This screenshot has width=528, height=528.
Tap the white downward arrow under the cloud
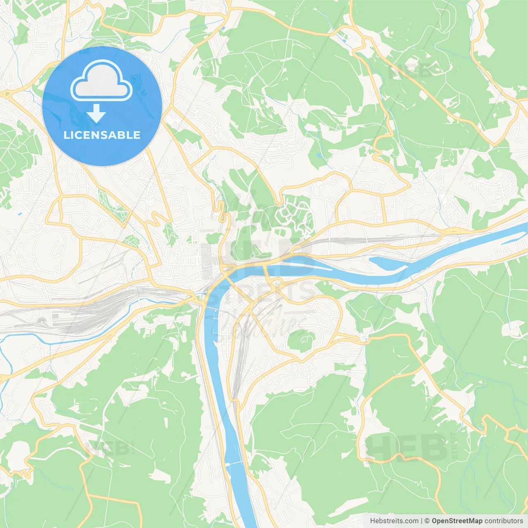click(96, 113)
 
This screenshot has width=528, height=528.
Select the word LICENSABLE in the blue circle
click(102, 135)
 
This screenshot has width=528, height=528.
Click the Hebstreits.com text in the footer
click(394, 521)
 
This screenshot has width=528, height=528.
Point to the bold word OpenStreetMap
click(457, 521)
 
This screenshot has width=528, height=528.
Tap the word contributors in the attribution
click(504, 521)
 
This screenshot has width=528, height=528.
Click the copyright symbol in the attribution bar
click(427, 521)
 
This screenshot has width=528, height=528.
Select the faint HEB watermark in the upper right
click(408, 72)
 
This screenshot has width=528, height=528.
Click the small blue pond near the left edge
click(20, 214)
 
